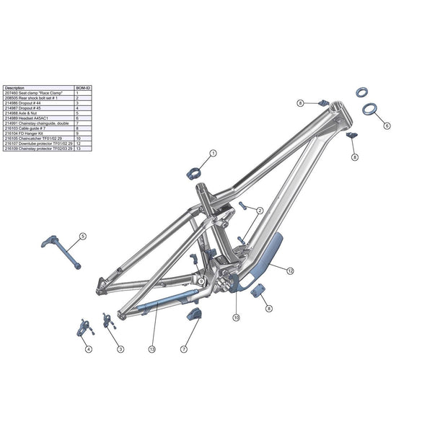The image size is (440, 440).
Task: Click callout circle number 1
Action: point(214,154)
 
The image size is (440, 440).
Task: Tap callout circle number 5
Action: point(82,236)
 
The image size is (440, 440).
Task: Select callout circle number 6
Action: point(387,125)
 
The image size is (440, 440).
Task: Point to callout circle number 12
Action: point(290,271)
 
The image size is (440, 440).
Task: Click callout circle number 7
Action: point(184,348)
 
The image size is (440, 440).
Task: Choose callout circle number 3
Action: point(120,348)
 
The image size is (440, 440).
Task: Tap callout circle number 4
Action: point(89,349)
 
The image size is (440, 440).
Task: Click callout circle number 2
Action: point(259,211)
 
